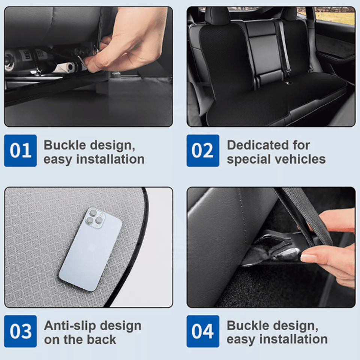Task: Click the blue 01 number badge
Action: [x=20, y=150]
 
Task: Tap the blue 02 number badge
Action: [x=203, y=150]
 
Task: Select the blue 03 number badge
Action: [x=20, y=331]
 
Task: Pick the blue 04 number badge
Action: [x=203, y=331]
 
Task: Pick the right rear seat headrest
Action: [x=289, y=14]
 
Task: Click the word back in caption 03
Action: [x=103, y=340]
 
